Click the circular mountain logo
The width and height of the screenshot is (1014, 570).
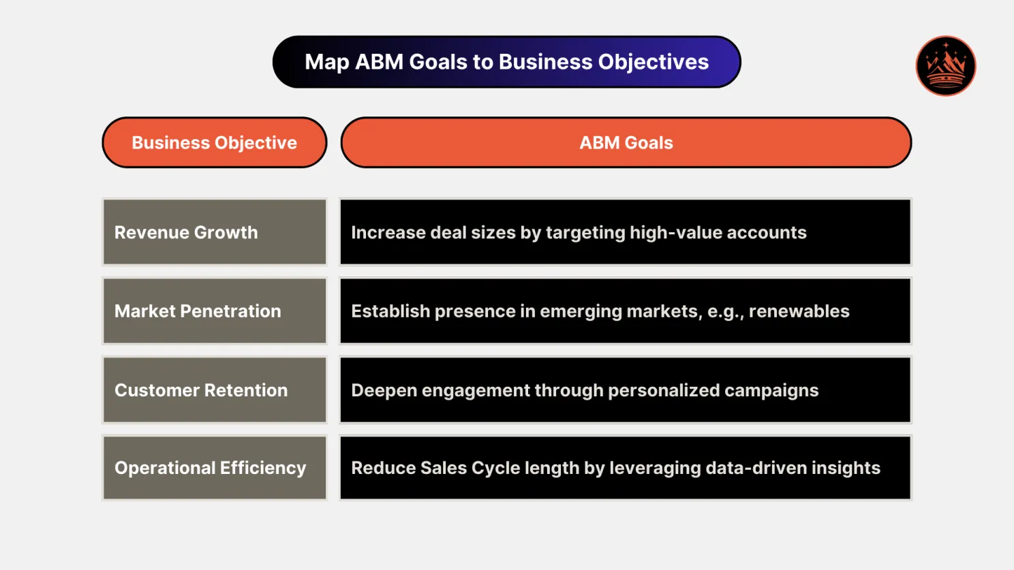pyautogui.click(x=945, y=66)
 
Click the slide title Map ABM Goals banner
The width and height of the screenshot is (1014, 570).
pyautogui.click(x=506, y=62)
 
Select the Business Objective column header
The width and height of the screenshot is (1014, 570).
pyautogui.click(x=214, y=142)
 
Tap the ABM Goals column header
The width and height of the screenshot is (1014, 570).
pyautogui.click(x=626, y=142)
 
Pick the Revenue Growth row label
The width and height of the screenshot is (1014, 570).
pyautogui.click(x=186, y=232)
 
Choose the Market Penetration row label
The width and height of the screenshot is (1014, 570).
pyautogui.click(x=198, y=311)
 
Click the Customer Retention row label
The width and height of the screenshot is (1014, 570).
pyautogui.click(x=201, y=390)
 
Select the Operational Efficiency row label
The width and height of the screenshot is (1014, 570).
pyautogui.click(x=210, y=468)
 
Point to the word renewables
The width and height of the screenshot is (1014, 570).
pyautogui.click(x=799, y=311)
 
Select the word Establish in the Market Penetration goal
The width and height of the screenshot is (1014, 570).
pyautogui.click(x=390, y=311)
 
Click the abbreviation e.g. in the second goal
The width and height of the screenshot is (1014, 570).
pyautogui.click(x=725, y=312)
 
